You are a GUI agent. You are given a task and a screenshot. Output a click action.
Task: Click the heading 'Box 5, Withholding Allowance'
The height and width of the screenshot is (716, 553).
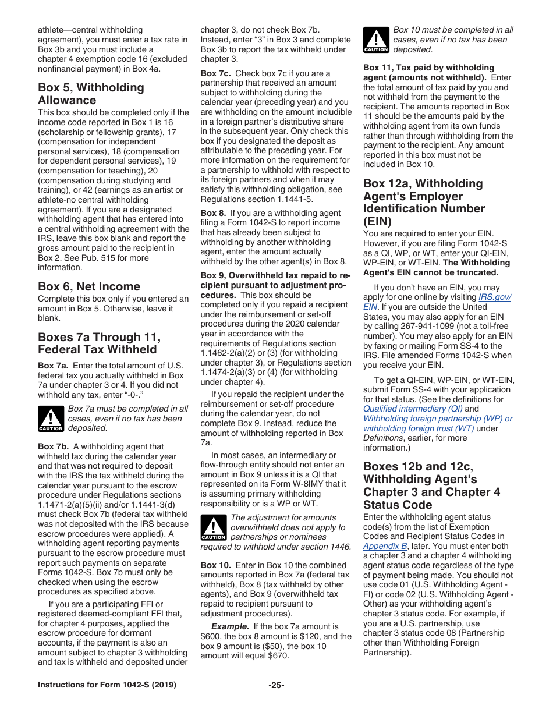click(x=91, y=94)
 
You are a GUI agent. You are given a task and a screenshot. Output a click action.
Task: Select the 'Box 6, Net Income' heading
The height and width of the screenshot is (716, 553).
click(x=88, y=286)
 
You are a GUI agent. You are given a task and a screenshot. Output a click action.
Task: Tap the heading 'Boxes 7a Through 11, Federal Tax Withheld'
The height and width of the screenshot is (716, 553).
click(x=99, y=343)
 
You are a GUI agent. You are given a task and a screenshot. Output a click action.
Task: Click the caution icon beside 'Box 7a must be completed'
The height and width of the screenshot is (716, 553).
click(x=51, y=419)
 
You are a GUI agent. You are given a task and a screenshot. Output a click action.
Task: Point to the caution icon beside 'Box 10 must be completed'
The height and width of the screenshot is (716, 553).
click(x=376, y=40)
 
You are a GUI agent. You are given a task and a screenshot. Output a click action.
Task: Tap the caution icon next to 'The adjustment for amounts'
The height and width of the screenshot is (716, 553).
click(x=213, y=527)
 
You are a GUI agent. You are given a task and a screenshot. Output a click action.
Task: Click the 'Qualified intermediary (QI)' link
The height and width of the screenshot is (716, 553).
click(x=413, y=409)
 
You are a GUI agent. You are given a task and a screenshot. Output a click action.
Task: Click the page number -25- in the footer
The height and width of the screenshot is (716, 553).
click(x=276, y=685)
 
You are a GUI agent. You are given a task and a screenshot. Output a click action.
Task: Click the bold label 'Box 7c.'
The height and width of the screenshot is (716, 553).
click(x=216, y=73)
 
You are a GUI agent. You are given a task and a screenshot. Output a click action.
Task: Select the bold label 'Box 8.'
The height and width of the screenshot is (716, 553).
click(x=212, y=214)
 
